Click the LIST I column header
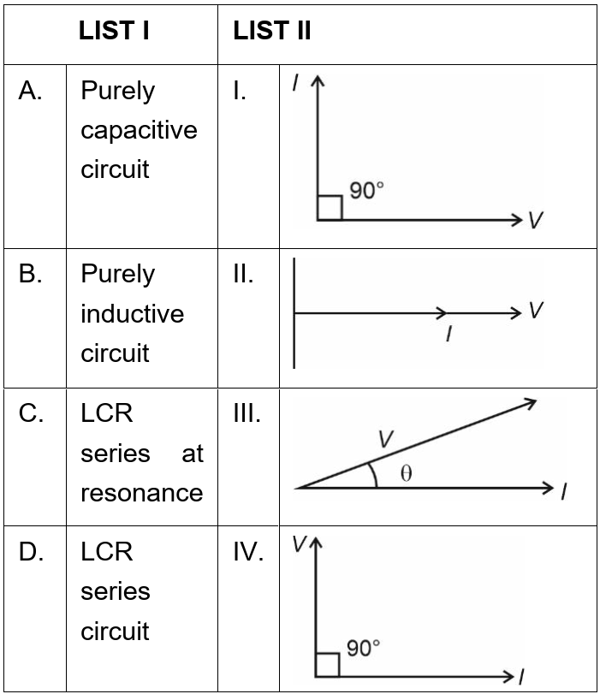coord(114,32)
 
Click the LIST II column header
coord(271,32)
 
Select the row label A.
coord(32,92)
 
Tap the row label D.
coord(32,552)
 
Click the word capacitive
coord(139,130)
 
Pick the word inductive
coord(132,314)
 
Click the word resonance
coord(141,493)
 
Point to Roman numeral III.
coord(247,413)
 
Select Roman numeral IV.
coord(248,552)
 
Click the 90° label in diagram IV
coord(363,649)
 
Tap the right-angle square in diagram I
coord(330,207)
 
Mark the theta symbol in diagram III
coord(406,474)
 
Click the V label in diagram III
coord(386,438)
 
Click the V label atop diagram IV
coord(298,542)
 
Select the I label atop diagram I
coord(295,82)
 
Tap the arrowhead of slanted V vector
coord(532,401)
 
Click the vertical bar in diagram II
coord(294,313)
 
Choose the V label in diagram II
coord(536,310)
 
